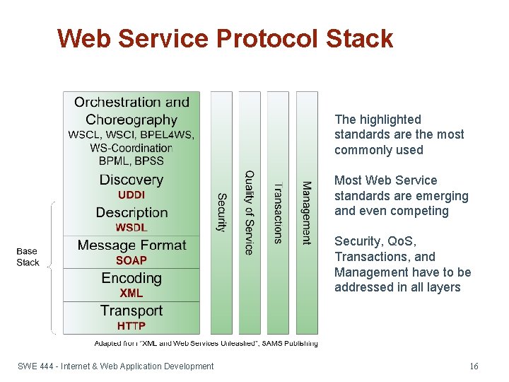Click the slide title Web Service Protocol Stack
point(225,38)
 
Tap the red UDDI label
point(131,195)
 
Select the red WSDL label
point(131,228)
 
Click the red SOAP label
point(131,260)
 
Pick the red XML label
point(131,293)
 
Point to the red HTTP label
point(131,325)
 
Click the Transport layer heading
point(131,311)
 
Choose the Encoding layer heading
point(131,278)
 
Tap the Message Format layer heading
point(131,245)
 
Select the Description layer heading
point(131,212)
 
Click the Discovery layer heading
point(131,180)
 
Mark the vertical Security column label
point(221,212)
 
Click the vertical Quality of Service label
point(249,212)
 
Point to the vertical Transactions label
point(278,212)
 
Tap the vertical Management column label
point(306,212)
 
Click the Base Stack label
point(28,257)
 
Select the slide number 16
point(474,366)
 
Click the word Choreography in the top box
point(131,120)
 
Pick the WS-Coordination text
point(131,148)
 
